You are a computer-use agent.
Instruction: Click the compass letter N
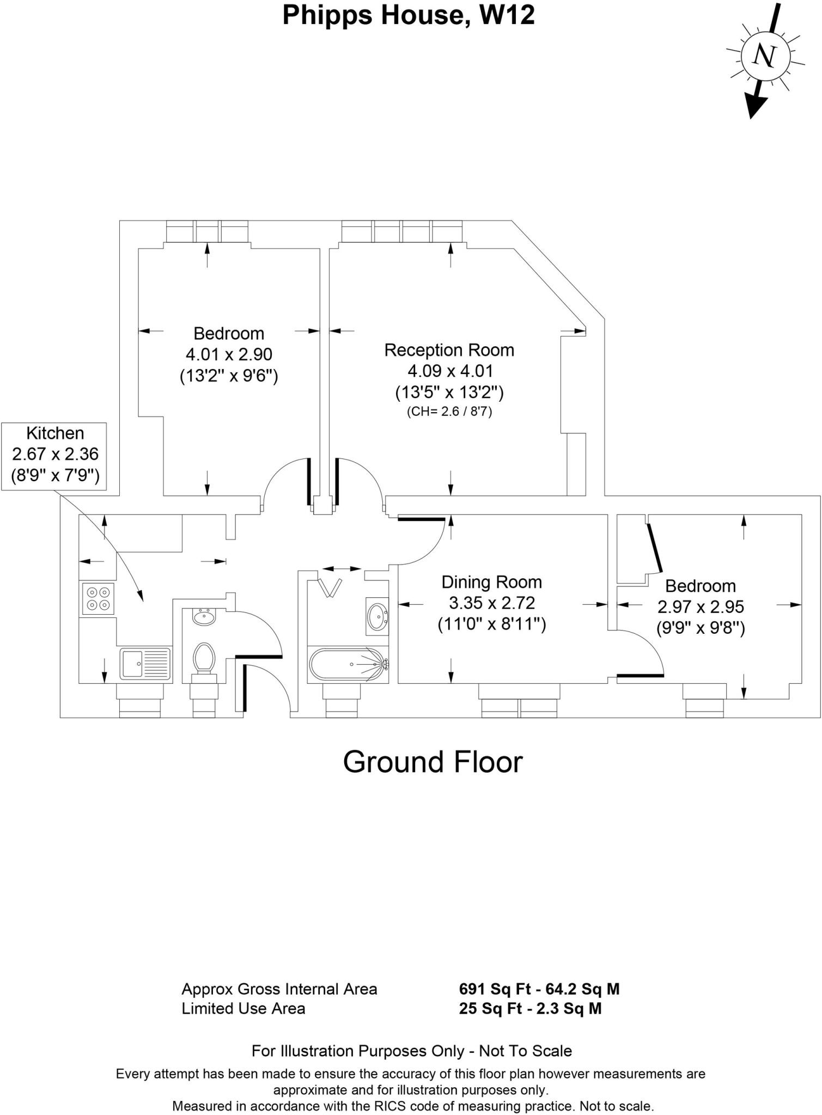tap(765, 56)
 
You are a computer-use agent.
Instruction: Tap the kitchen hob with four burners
tap(98, 598)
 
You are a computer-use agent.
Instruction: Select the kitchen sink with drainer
tap(145, 664)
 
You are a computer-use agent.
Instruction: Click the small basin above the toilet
tap(204, 617)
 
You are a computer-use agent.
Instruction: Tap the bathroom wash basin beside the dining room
tap(377, 616)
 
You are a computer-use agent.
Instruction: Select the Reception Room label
tap(449, 350)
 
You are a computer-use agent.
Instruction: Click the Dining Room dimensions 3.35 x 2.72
tap(491, 603)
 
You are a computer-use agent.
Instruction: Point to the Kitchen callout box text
tap(55, 454)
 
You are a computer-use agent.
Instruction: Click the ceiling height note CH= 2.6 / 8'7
tap(449, 412)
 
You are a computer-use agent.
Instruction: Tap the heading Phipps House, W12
tap(408, 15)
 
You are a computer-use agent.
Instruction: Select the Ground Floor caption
tap(433, 762)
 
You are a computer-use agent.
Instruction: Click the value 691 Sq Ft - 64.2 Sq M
tap(539, 989)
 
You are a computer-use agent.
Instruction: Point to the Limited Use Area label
tap(243, 1008)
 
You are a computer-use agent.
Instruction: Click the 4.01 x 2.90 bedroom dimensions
tap(229, 354)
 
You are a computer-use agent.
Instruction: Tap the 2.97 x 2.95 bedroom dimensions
tap(700, 607)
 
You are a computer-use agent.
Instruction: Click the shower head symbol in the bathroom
tap(331, 587)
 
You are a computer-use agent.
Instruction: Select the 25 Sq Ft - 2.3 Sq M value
tap(530, 1008)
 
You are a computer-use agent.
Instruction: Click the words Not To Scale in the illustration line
tap(525, 1051)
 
